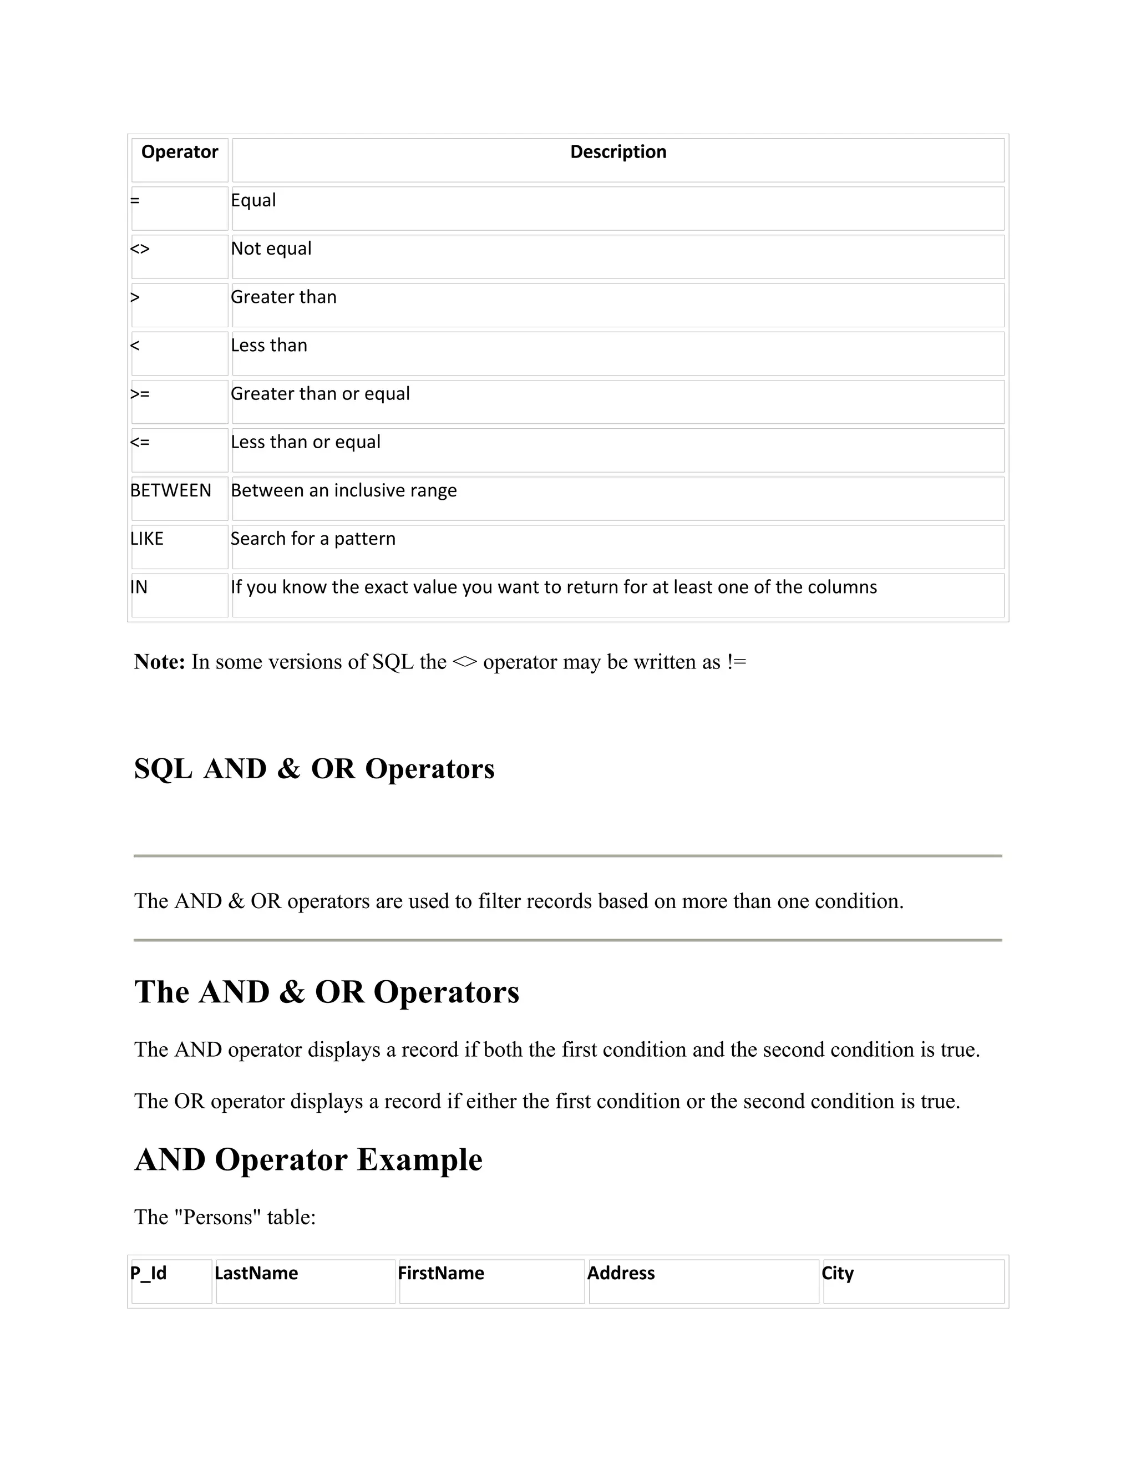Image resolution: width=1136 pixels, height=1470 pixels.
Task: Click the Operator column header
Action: click(x=180, y=152)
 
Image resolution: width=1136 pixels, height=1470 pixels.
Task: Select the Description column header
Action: click(x=618, y=152)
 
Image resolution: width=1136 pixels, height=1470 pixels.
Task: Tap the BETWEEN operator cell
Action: click(x=171, y=491)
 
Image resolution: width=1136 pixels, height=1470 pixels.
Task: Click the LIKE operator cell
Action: click(x=146, y=539)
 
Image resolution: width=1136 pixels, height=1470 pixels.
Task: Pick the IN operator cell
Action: click(x=139, y=587)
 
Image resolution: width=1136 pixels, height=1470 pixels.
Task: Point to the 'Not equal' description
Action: click(x=271, y=249)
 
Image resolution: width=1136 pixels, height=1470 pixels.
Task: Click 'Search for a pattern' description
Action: click(x=313, y=539)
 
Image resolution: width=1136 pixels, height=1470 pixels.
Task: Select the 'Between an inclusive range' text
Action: click(x=344, y=491)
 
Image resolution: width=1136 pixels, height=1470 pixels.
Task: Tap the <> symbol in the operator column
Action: click(x=140, y=249)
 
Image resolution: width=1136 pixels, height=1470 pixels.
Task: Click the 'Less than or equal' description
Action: click(x=306, y=442)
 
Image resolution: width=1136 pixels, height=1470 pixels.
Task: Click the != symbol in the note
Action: click(x=736, y=662)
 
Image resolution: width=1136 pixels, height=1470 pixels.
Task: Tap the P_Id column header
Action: click(x=148, y=1274)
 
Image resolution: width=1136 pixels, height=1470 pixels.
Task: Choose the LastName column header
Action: click(x=256, y=1274)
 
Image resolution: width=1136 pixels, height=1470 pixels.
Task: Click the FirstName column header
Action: click(x=441, y=1274)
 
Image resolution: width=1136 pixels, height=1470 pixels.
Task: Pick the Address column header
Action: click(x=621, y=1274)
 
